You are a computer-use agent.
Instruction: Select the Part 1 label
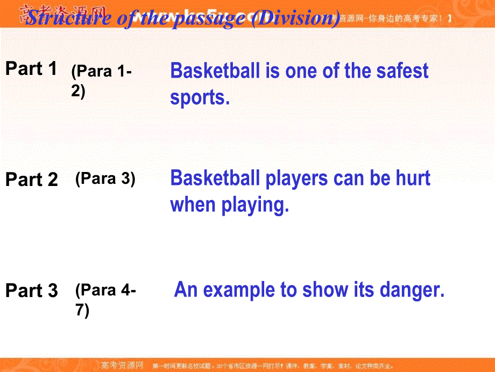click(x=31, y=69)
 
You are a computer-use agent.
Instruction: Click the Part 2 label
click(x=31, y=180)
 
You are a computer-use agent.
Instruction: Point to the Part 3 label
click(x=31, y=291)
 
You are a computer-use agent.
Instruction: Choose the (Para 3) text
click(x=105, y=179)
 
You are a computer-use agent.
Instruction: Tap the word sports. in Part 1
click(x=200, y=98)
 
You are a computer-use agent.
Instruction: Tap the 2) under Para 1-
click(x=78, y=92)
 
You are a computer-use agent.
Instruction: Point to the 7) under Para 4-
click(x=82, y=311)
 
